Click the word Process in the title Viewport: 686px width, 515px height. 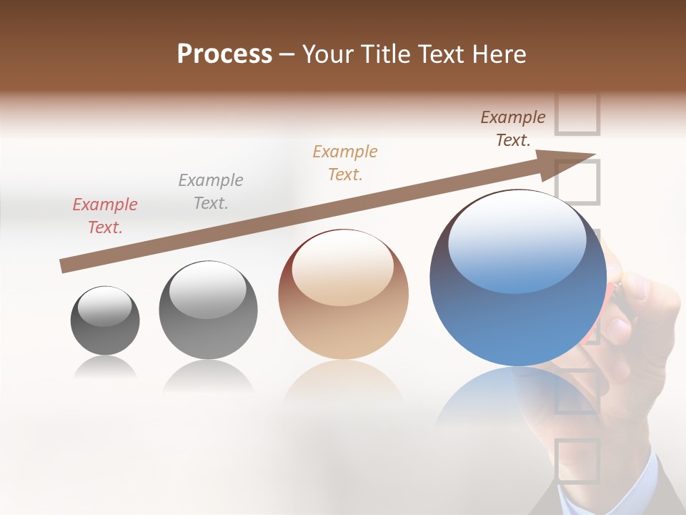224,54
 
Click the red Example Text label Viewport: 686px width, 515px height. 104,216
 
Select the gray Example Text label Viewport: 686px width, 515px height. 211,192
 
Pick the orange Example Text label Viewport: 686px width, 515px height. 345,163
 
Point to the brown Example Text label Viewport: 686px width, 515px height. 513,129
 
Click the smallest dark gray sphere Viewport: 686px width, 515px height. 105,320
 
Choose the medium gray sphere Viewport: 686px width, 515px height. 208,310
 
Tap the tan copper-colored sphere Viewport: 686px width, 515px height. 343,295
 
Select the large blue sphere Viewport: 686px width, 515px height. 518,278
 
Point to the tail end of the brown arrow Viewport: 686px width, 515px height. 64,266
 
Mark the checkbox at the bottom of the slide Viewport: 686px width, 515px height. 577,461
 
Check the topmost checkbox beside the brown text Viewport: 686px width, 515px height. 577,113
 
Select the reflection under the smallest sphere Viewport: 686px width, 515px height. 105,368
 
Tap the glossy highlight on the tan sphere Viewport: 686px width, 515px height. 343,266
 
